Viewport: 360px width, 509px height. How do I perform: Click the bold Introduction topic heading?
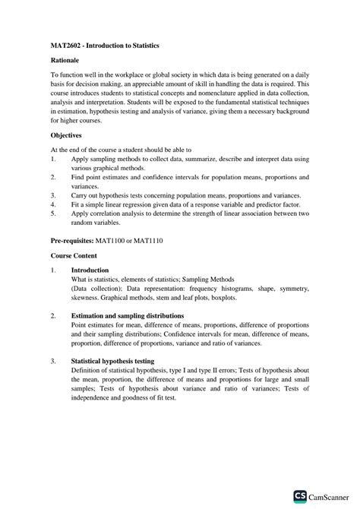(x=90, y=270)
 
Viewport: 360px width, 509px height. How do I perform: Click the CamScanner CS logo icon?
(x=299, y=496)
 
